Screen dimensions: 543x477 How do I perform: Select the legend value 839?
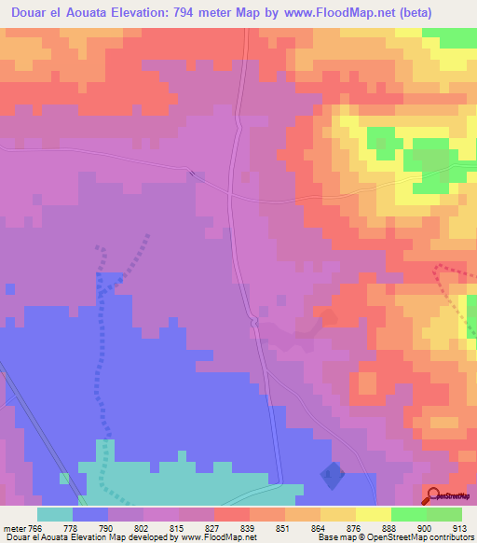pyautogui.click(x=249, y=527)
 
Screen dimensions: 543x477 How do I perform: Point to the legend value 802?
pyautogui.click(x=142, y=527)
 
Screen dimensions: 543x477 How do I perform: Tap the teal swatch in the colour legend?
pyautogui.click(x=55, y=514)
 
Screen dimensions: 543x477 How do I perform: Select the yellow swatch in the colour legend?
pyautogui.click(x=374, y=514)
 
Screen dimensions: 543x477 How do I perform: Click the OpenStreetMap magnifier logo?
pyautogui.click(x=434, y=494)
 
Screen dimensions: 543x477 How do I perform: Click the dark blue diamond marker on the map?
pyautogui.click(x=331, y=476)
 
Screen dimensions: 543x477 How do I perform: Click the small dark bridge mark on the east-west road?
pyautogui.click(x=193, y=174)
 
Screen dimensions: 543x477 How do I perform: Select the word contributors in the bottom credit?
pyautogui.click(x=449, y=537)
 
